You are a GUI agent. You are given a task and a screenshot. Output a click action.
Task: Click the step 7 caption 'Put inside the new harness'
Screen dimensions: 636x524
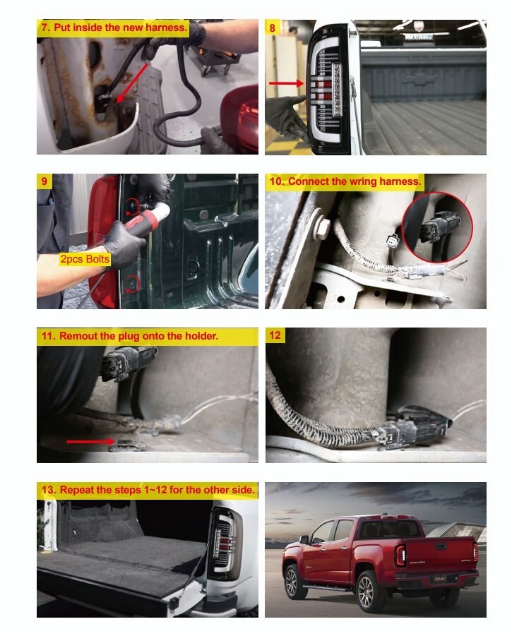pos(113,28)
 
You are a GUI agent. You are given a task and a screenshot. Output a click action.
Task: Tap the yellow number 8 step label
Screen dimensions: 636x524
pos(273,28)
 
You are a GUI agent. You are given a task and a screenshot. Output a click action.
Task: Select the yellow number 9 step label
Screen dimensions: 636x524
pos(44,181)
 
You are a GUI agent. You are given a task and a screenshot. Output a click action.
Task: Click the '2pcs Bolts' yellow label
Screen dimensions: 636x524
pos(85,259)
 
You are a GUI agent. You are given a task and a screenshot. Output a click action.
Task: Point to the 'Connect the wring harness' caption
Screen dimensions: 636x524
pos(345,181)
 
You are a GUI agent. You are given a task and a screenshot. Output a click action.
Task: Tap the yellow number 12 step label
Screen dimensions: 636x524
pos(275,335)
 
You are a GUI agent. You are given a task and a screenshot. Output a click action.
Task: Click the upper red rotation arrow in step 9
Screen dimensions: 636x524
pos(131,207)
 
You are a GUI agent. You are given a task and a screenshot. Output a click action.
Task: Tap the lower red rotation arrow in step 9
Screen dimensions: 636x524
pos(132,283)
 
